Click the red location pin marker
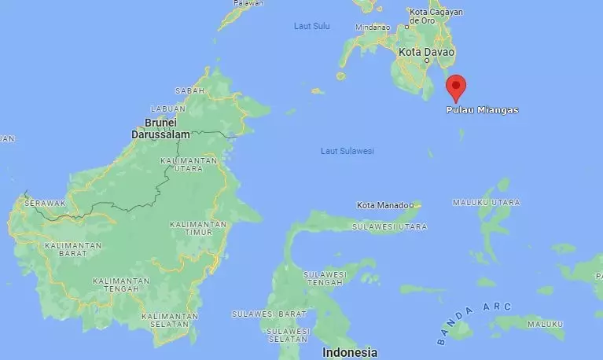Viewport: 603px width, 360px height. point(455,86)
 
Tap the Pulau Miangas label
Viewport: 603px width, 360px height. point(482,110)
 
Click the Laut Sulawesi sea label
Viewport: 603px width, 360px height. point(347,151)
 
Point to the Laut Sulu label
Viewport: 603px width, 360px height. point(311,26)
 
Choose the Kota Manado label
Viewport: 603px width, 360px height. point(384,206)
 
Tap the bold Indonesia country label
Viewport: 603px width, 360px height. point(351,352)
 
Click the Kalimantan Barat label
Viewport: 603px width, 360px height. point(73,250)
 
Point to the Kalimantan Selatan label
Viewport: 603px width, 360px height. point(165,320)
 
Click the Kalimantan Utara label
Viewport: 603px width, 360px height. point(188,164)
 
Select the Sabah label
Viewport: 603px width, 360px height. point(189,91)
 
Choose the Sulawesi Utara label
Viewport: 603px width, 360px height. point(390,227)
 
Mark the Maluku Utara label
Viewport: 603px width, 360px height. point(486,203)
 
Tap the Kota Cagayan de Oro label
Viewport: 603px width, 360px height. point(436,17)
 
